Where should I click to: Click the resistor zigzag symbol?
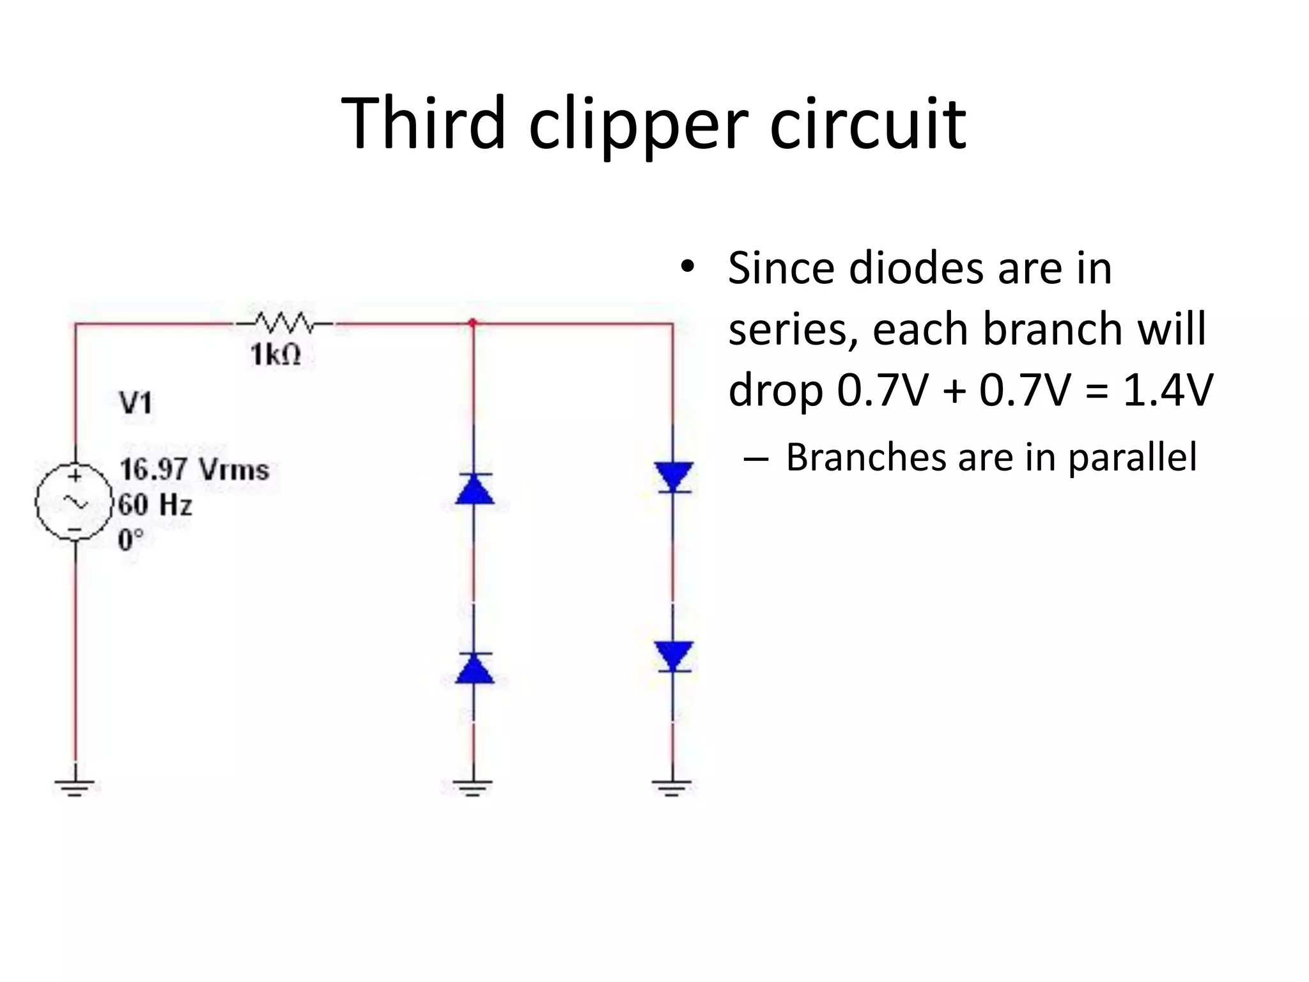[x=284, y=323]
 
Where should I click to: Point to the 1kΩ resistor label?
[x=275, y=355]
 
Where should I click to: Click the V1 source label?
[x=136, y=403]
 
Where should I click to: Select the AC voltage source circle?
[x=74, y=503]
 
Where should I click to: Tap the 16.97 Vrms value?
[x=194, y=470]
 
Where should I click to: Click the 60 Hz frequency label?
[x=155, y=505]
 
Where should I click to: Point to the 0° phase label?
[x=131, y=540]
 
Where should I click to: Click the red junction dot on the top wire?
[x=473, y=323]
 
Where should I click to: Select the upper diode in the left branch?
[x=474, y=490]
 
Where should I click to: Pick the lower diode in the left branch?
[x=474, y=669]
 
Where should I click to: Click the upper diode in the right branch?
[x=673, y=477]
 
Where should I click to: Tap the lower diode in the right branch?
[x=673, y=656]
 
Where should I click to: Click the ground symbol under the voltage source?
[x=75, y=786]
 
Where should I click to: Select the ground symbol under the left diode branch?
[x=473, y=787]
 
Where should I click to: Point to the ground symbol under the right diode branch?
[x=672, y=787]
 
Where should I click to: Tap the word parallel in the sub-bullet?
[x=1132, y=458]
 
